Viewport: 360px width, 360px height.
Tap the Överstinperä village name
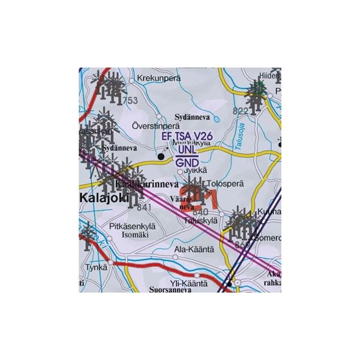pos(155,127)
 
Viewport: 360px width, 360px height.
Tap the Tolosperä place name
pos(225,184)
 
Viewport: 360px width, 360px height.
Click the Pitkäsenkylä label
pos(133,226)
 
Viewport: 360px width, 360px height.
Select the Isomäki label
pos(135,235)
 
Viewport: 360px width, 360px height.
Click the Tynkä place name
pos(95,268)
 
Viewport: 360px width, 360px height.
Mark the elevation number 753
pos(130,101)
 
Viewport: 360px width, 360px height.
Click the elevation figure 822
pos(240,111)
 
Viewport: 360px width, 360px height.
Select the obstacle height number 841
pos(144,208)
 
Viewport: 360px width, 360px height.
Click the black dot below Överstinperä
pos(161,157)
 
